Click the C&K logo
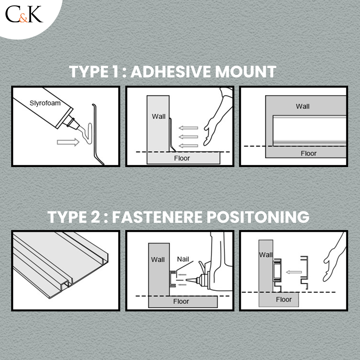(x=24, y=14)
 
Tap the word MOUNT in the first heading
(x=246, y=72)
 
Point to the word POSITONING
(x=258, y=217)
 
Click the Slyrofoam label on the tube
(x=45, y=103)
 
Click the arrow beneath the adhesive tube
(x=68, y=142)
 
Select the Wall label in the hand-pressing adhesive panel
(x=158, y=116)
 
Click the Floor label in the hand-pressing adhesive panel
(x=182, y=158)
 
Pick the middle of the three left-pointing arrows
(x=188, y=137)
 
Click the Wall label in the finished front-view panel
(x=303, y=106)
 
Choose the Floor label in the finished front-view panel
(x=309, y=153)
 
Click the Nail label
(x=183, y=259)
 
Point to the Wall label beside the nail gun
(x=158, y=260)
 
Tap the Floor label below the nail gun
(x=181, y=301)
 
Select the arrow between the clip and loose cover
(x=294, y=272)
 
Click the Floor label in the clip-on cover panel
(x=284, y=300)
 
